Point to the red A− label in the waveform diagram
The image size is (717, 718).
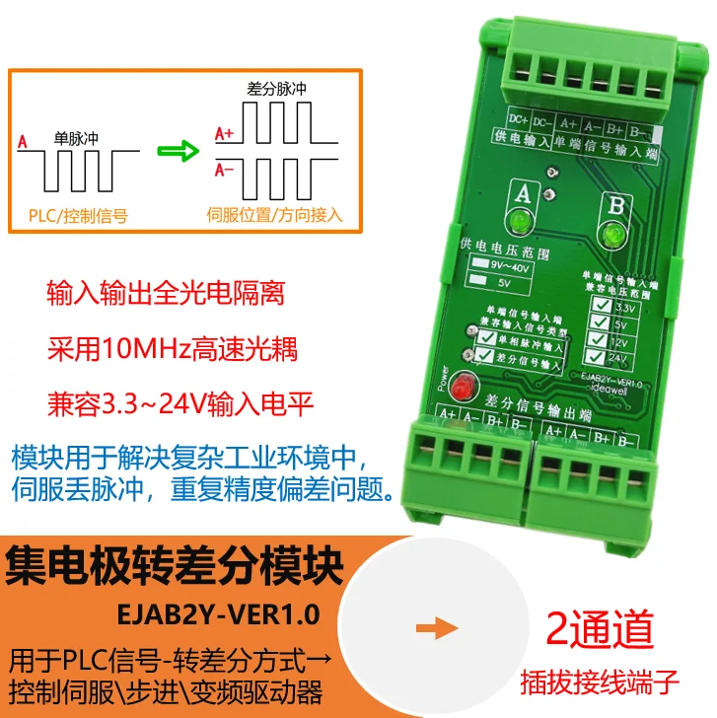[x=224, y=171]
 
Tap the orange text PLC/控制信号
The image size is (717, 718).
[x=79, y=213]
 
